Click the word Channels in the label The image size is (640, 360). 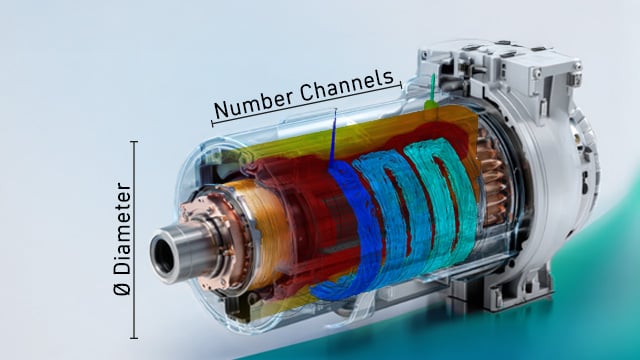347,86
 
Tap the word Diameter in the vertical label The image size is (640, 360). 123,229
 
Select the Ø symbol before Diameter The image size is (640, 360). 122,288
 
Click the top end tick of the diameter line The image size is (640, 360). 134,142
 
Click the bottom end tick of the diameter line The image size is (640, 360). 134,338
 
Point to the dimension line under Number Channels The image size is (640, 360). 307,104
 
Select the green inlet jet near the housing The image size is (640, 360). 431,93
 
